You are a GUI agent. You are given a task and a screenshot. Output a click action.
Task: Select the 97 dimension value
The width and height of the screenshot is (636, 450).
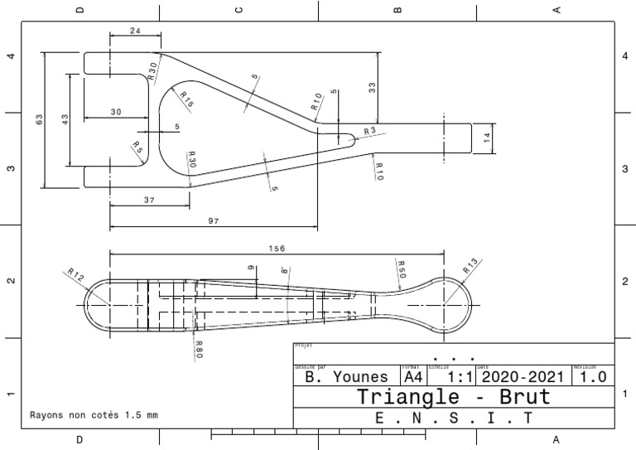coord(213,220)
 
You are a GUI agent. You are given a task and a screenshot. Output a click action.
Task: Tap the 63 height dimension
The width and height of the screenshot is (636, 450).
coord(39,119)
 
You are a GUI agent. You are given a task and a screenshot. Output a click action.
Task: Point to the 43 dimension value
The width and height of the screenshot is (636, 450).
coord(65,119)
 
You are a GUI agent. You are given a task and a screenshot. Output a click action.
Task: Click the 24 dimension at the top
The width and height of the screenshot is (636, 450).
coord(134,31)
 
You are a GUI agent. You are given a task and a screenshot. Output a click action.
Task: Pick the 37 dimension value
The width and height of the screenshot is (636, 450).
coord(149,200)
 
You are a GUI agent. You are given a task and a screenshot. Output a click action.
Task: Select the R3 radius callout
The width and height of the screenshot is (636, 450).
coord(369,131)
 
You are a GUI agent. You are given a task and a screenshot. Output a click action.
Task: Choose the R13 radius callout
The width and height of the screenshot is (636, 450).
coord(470,267)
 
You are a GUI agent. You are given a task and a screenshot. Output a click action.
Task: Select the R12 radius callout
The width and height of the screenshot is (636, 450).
coord(75,275)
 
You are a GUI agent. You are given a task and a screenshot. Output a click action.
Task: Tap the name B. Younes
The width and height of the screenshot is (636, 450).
coord(346,376)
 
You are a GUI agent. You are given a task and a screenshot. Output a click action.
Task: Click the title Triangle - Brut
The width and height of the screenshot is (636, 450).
coord(453,396)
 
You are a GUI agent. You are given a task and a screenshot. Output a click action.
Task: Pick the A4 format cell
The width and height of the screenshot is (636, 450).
coord(412,376)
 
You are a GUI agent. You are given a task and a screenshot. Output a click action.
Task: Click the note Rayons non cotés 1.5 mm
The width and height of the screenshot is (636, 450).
coord(94,414)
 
